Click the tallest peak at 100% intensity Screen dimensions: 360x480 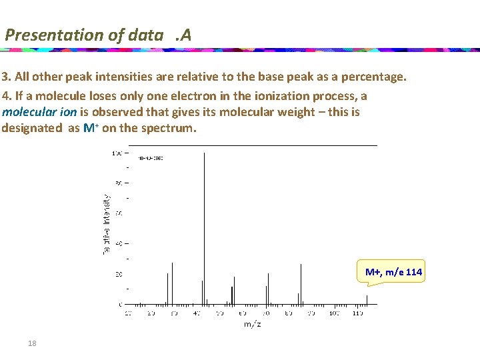coord(204,227)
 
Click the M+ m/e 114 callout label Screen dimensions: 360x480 coord(393,272)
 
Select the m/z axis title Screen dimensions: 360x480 coord(252,324)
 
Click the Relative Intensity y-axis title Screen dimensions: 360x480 coord(106,223)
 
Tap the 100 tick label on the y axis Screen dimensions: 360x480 coord(117,153)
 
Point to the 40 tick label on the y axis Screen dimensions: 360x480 coord(118,243)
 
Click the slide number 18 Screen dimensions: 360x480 coord(32,343)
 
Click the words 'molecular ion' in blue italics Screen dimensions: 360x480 coord(39,112)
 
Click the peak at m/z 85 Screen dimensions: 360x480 coord(301,284)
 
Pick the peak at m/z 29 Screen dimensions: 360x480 coord(172,283)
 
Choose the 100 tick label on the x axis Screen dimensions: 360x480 coord(335,313)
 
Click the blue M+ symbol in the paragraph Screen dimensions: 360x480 coord(91,128)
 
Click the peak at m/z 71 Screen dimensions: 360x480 coord(268,289)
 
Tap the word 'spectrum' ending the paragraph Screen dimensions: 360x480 coord(171,128)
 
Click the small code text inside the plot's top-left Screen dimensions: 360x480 coord(150,158)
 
